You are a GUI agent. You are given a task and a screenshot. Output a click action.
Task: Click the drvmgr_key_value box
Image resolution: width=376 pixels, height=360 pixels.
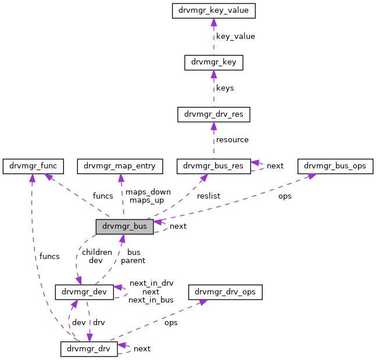(213, 10)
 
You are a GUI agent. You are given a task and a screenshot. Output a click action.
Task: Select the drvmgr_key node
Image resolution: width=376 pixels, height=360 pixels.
(213, 63)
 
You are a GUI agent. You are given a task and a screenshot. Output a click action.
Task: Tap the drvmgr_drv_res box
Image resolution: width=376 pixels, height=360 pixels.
(213, 114)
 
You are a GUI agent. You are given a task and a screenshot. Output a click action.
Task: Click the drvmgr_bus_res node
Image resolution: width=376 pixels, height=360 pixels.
(213, 167)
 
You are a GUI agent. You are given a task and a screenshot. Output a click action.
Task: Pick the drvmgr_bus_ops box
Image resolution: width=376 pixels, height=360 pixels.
(334, 167)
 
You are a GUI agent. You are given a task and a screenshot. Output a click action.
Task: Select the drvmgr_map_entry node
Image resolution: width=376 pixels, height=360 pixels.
(119, 167)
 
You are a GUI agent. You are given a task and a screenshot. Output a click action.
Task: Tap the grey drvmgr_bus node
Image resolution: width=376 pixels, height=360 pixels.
(124, 226)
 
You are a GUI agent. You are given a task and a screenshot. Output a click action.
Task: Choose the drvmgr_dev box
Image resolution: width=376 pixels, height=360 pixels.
(84, 291)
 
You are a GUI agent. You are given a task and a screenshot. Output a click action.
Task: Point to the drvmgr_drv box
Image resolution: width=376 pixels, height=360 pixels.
(89, 348)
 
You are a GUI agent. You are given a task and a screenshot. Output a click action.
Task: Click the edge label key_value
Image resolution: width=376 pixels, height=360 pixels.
(235, 37)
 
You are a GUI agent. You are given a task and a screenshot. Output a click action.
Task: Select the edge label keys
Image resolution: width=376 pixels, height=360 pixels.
(224, 88)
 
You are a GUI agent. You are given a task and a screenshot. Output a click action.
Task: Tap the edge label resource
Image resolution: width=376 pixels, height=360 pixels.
(232, 140)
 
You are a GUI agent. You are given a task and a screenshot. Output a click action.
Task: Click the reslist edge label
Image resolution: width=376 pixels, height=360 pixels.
(209, 196)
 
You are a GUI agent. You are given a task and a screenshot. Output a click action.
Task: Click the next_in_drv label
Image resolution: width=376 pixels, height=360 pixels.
(151, 283)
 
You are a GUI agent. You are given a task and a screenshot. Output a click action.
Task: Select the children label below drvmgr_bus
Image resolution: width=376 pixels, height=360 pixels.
(96, 252)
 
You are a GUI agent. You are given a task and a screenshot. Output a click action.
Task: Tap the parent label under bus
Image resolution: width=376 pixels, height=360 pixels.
(134, 261)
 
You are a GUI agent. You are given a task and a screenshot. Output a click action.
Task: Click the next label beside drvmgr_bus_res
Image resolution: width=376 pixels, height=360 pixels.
(275, 166)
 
